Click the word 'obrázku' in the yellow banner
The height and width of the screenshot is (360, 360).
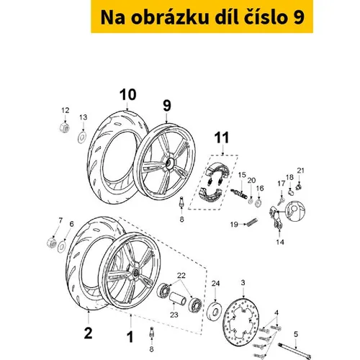(170, 17)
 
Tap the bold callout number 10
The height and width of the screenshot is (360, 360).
(128, 94)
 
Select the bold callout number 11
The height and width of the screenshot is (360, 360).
(222, 138)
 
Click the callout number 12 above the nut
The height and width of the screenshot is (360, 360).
(66, 110)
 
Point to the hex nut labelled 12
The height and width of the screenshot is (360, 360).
(64, 127)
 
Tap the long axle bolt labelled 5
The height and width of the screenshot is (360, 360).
(294, 351)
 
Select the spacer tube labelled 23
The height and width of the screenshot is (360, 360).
(178, 300)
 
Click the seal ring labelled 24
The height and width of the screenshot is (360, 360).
(215, 312)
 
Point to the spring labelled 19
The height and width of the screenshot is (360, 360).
(252, 222)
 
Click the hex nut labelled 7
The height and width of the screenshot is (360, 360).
(52, 242)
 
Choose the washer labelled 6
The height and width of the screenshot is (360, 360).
(62, 246)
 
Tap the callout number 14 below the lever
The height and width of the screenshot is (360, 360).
(280, 242)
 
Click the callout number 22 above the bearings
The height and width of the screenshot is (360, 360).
(181, 275)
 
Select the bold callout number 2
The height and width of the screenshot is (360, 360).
(88, 333)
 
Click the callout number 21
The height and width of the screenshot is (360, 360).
(300, 171)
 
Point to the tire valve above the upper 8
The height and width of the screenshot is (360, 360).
(181, 201)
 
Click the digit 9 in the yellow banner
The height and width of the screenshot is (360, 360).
(299, 17)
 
